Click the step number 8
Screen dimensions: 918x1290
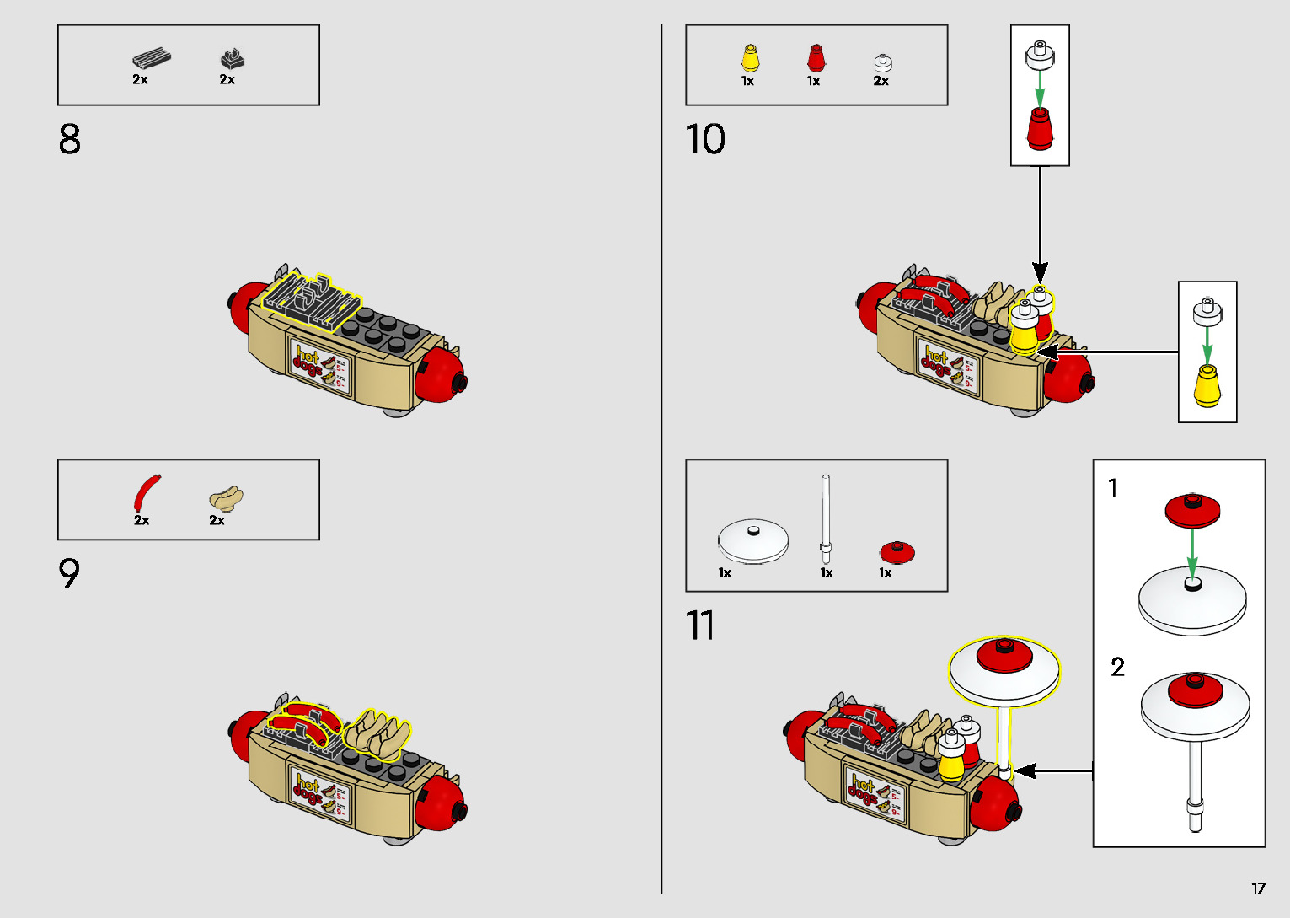(70, 140)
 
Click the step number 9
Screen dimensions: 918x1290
(69, 574)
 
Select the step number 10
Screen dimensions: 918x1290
(705, 140)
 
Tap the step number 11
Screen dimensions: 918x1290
(699, 626)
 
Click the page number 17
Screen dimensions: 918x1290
(1258, 888)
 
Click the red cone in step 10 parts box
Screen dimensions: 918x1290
(815, 57)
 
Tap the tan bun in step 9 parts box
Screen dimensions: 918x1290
(226, 497)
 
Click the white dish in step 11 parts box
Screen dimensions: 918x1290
(752, 542)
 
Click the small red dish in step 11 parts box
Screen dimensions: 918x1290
(897, 551)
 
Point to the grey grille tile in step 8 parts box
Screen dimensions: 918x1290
(152, 59)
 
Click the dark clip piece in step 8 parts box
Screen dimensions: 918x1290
(232, 59)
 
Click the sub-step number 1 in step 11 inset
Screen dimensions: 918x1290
(1113, 488)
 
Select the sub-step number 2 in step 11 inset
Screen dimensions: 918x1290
(1117, 668)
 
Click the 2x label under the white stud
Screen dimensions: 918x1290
(881, 81)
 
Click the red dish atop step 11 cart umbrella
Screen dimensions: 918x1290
(1004, 654)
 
